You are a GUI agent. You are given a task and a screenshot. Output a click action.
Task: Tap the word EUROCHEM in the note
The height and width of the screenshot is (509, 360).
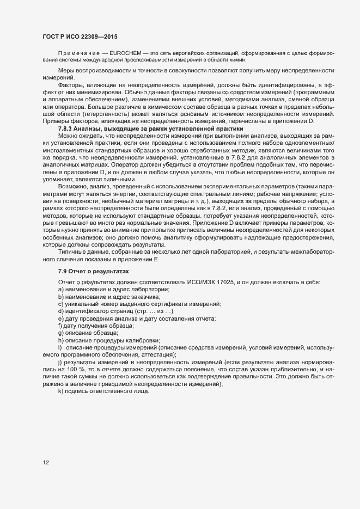[x=125, y=52]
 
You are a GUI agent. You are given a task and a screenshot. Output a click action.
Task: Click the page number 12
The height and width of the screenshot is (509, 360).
[x=46, y=463]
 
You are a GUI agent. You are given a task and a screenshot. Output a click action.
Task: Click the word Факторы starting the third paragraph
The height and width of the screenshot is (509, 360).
[x=70, y=85]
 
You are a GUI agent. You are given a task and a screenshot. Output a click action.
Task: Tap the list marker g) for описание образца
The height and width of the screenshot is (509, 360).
[x=60, y=333]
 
